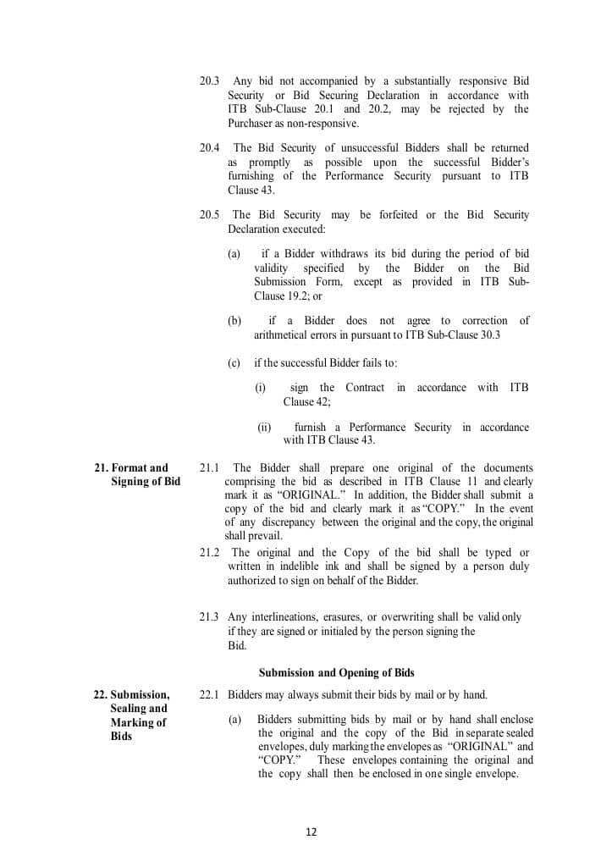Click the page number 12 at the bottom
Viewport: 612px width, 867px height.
point(311,831)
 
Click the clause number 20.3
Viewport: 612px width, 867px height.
point(210,81)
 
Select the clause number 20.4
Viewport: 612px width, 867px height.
point(210,148)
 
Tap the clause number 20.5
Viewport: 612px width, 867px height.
point(210,215)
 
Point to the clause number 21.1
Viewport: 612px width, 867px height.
point(210,468)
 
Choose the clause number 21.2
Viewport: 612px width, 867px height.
point(210,553)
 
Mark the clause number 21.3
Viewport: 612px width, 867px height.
point(210,617)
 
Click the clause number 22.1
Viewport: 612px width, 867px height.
point(210,695)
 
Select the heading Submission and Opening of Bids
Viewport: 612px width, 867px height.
point(336,673)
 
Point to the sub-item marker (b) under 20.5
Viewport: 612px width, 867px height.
point(234,321)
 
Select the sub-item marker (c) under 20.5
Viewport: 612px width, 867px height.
point(234,363)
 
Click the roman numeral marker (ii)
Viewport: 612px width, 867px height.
point(264,428)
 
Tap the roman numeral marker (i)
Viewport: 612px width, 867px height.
point(261,388)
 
